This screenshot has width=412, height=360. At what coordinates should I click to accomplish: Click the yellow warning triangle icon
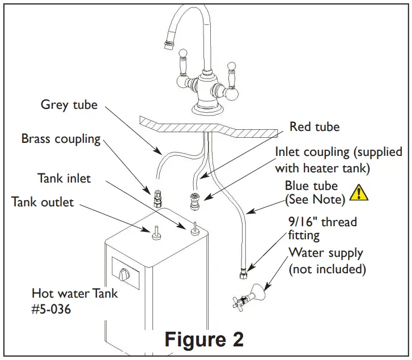(358, 193)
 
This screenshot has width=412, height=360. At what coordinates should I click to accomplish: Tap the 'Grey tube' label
(69, 104)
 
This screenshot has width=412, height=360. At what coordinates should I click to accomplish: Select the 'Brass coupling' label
(61, 138)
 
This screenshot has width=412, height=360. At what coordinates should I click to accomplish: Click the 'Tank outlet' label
(43, 202)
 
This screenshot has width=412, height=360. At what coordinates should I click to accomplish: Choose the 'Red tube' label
(315, 126)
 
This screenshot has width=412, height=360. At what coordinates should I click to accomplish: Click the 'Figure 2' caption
(204, 338)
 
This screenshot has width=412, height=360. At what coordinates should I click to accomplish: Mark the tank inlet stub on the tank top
(193, 227)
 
